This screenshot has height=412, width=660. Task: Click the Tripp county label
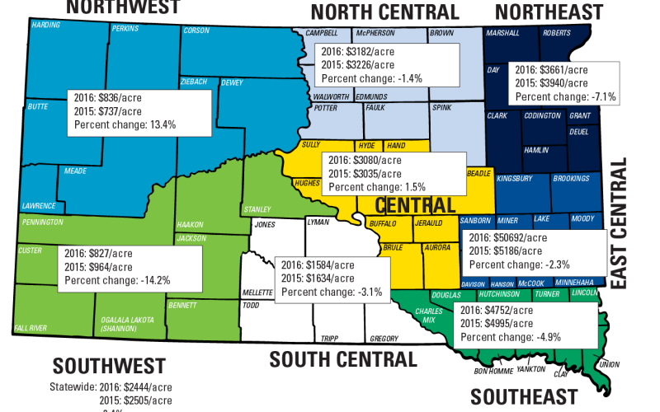tap(328, 339)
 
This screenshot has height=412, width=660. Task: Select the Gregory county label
tap(384, 339)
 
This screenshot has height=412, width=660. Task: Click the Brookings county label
tap(571, 178)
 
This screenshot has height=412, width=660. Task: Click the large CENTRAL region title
tap(415, 204)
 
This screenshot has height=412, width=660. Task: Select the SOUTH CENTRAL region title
tap(342, 360)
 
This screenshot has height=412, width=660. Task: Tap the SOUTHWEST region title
tap(109, 366)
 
